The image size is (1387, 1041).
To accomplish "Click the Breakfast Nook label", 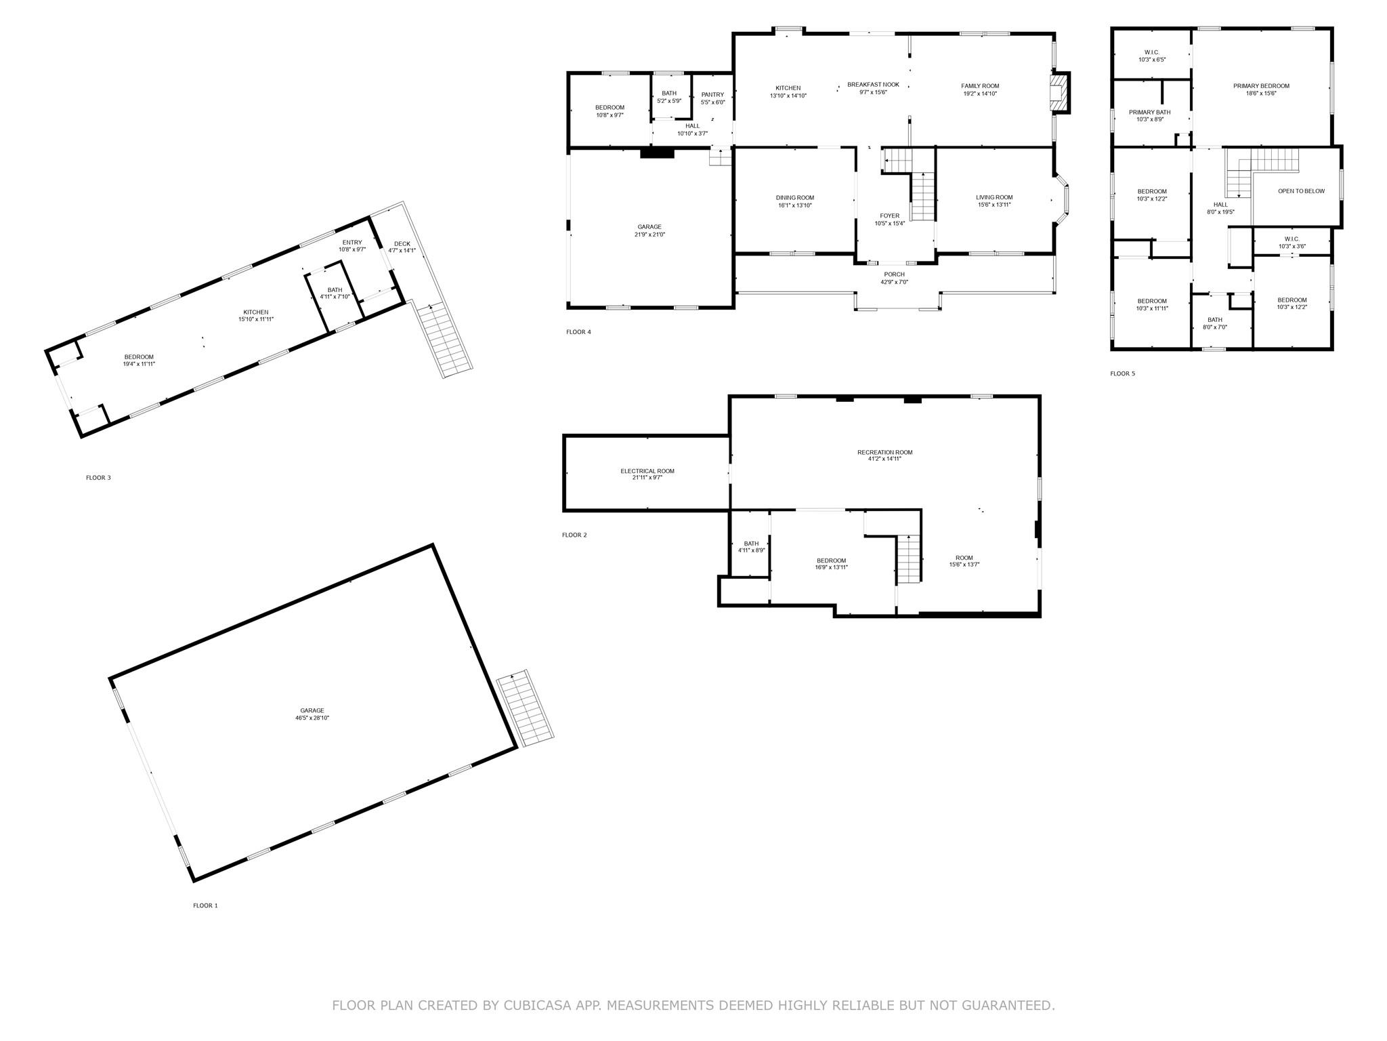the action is [873, 85].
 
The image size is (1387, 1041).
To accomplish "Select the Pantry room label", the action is [712, 95].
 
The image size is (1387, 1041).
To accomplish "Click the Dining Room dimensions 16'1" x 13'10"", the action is [795, 205].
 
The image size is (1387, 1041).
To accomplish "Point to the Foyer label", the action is [890, 216].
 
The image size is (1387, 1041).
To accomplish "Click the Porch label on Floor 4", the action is [894, 274].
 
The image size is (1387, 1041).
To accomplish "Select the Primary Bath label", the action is [1149, 113].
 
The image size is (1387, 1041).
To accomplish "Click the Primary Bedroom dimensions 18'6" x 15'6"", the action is [1261, 94].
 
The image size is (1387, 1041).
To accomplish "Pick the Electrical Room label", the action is [647, 471].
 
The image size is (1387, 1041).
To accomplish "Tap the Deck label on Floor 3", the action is [402, 244].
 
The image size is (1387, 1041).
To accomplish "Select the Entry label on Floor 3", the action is [352, 243].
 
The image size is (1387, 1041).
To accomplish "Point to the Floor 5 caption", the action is [1122, 373].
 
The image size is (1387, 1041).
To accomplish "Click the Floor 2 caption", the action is [574, 535].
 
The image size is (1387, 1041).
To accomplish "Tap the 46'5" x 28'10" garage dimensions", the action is [312, 718].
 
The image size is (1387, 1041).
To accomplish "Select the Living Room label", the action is [994, 197].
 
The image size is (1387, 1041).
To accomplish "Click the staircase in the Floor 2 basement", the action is [909, 558].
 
